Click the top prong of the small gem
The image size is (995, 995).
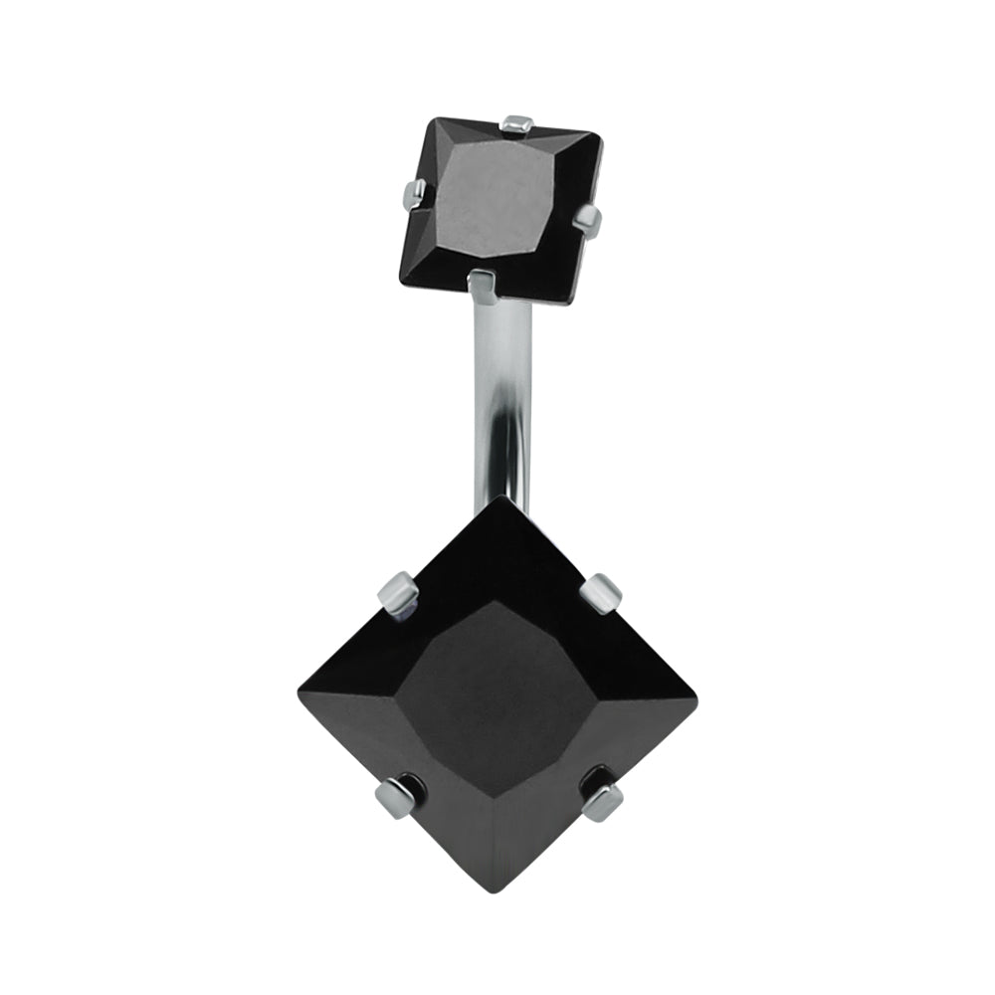(x=517, y=124)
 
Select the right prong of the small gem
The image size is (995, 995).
(x=589, y=216)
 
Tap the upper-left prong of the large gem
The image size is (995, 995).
(x=396, y=596)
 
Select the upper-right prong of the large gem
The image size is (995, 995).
(x=602, y=593)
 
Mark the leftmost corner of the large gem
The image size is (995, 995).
(x=299, y=693)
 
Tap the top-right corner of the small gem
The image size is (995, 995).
(x=601, y=139)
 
